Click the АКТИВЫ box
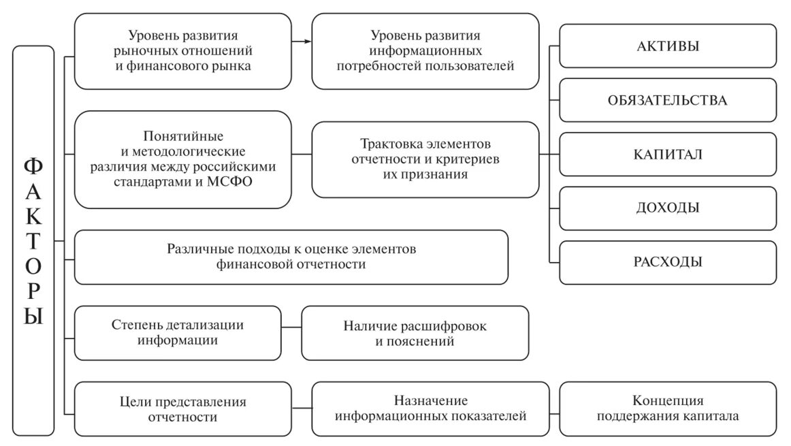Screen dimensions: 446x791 668,46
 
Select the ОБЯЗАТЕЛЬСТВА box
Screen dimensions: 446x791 668,100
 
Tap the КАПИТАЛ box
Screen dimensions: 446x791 668,155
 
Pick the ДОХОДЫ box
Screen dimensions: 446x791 668,208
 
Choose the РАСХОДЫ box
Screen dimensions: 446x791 668,262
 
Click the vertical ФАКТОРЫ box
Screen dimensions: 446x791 33,240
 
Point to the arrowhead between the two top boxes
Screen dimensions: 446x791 308,41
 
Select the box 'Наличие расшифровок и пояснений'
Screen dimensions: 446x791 415,333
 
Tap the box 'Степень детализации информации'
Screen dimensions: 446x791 177,333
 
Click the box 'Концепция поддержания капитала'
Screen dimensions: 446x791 668,409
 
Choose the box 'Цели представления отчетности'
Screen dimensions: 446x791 182,409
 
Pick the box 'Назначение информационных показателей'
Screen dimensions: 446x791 430,409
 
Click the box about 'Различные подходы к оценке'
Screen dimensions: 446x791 291,257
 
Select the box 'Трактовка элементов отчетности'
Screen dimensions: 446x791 425,159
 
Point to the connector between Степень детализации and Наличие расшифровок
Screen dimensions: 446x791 291,328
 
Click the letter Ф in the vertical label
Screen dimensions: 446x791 33,166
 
